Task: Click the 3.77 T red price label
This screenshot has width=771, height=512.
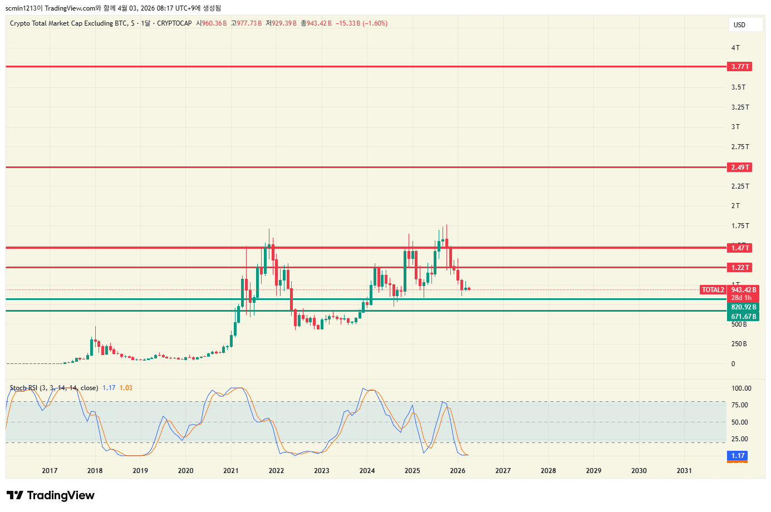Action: pos(740,67)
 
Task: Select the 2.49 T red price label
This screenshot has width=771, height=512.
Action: pos(740,168)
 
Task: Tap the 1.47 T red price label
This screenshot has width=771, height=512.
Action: pos(740,248)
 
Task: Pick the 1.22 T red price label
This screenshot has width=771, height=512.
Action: pos(740,268)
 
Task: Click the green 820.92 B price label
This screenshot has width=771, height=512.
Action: pos(743,307)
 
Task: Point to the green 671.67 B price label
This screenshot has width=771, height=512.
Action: pos(743,317)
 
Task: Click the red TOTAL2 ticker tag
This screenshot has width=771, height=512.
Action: pos(713,290)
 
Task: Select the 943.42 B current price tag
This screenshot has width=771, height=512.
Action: pos(743,290)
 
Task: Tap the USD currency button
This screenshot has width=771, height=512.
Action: pos(745,24)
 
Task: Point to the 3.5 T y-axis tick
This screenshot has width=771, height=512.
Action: pos(738,87)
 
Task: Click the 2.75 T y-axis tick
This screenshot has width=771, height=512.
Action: pos(740,147)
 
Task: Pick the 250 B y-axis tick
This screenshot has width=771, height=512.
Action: pos(739,344)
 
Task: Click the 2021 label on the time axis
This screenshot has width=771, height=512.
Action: pos(231,471)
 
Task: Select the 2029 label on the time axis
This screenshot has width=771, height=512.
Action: pos(593,471)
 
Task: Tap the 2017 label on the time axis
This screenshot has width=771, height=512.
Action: pos(50,471)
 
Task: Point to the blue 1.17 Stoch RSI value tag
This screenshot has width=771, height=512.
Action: pos(738,456)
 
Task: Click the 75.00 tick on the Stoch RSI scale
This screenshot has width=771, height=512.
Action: pos(739,405)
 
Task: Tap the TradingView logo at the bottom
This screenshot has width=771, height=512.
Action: pos(51,495)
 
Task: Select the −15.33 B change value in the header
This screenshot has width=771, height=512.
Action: pos(348,23)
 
